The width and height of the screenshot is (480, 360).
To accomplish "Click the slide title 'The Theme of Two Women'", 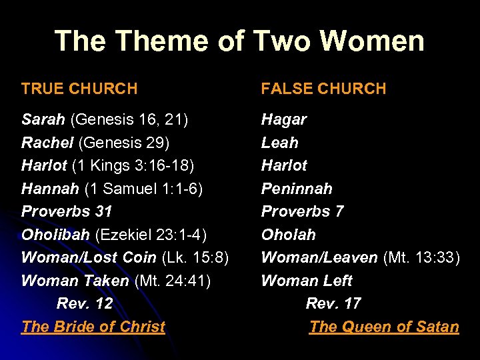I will pos(239,41).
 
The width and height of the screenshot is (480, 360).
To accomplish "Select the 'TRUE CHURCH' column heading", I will pos(79,89).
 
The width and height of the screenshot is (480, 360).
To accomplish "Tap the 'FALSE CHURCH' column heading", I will pos(323,89).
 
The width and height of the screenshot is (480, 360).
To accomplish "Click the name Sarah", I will pos(43,120).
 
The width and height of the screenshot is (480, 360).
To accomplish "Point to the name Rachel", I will pos(47,143).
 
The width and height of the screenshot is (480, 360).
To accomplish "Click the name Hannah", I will pos(50,189).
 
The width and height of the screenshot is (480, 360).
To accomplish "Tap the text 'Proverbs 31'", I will pos(67,211).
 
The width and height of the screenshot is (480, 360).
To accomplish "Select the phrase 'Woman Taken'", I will pos(75,281).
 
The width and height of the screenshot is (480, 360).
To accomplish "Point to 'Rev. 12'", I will pos(85,303).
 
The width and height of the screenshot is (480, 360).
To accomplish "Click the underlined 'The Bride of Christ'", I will pos(93,327).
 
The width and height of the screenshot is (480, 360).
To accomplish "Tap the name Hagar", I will pos(284,120).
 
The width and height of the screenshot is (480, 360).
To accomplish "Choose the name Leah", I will pos(280,143).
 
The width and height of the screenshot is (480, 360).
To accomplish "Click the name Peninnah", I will pos(297,189).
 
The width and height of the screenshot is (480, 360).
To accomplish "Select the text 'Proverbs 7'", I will pos(302,211).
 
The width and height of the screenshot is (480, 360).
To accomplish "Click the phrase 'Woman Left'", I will pos(307,281).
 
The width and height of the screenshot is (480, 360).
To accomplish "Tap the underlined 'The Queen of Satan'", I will pos(384,327).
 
